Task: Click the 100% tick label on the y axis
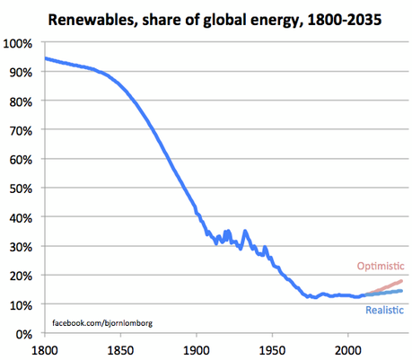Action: click(20, 43)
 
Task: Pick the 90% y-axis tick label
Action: click(22, 72)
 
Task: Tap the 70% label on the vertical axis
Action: click(22, 130)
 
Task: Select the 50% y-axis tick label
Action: click(22, 189)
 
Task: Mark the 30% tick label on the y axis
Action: click(22, 247)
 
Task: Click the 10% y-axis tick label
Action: click(22, 305)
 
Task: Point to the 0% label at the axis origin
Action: click(24, 334)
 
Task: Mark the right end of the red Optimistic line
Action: click(401, 281)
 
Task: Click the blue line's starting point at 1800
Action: click(45, 58)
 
